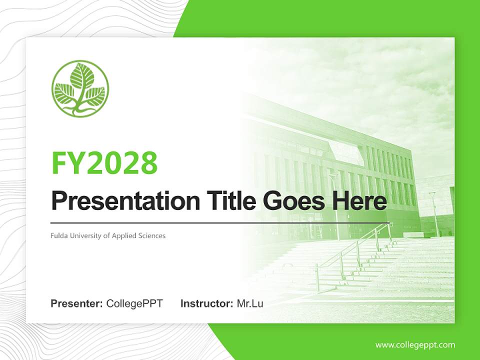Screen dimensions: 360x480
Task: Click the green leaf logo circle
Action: click(x=80, y=89)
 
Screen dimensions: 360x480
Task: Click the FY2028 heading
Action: click(x=104, y=162)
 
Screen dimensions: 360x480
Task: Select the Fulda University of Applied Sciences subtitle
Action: click(x=108, y=235)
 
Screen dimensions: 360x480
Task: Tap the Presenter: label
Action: click(x=77, y=303)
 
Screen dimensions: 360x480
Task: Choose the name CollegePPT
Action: click(x=134, y=303)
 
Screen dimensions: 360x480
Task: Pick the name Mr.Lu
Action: click(x=250, y=303)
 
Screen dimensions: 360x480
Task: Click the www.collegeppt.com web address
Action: click(x=415, y=344)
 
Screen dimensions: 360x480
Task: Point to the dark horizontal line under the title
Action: click(x=220, y=222)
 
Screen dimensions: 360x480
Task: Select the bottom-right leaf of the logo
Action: click(x=95, y=95)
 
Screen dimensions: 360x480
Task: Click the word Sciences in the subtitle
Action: click(x=152, y=235)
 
